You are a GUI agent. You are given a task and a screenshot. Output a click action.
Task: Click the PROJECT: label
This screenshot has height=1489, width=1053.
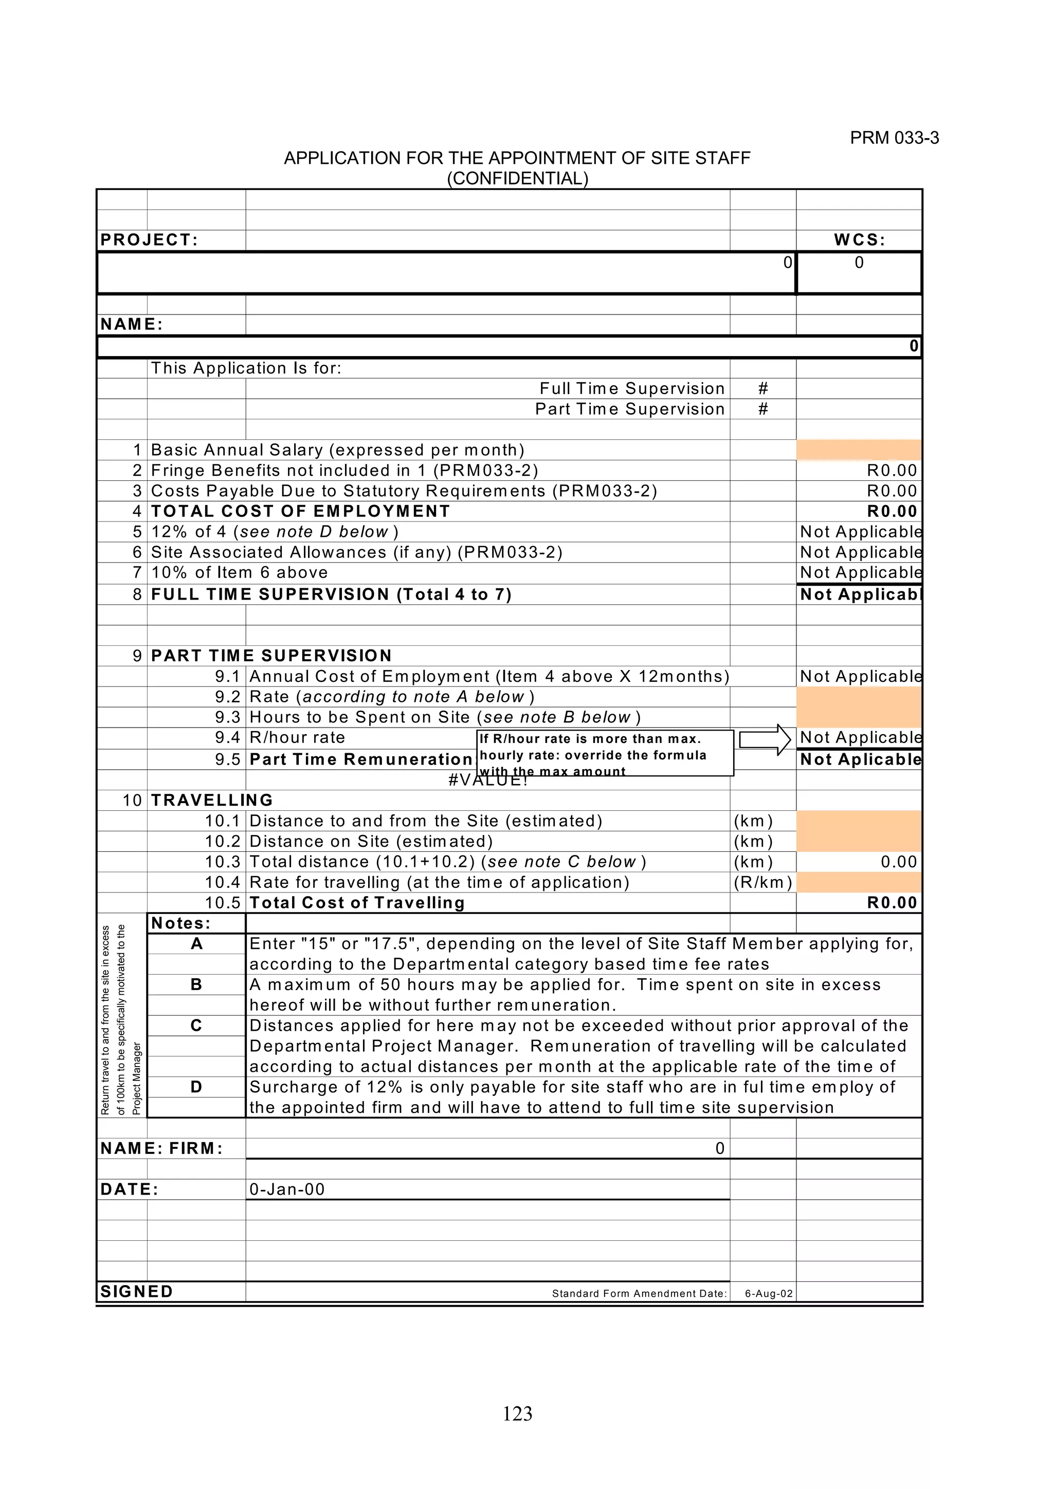[x=149, y=240]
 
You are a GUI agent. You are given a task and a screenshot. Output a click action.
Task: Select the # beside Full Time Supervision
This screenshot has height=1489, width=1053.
[x=763, y=388]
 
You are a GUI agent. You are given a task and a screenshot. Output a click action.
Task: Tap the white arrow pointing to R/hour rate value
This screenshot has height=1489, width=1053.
[x=765, y=739]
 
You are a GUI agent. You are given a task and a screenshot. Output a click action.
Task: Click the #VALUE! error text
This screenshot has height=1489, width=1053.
[x=488, y=780]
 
